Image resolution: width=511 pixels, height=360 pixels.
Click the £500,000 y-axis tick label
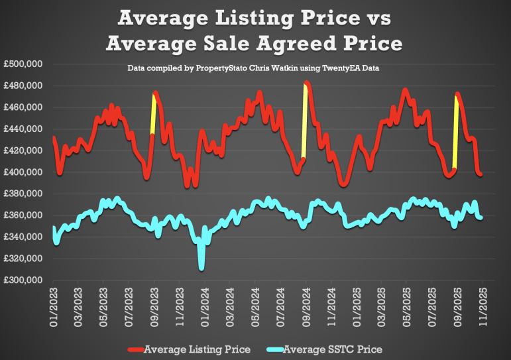coord(24,64)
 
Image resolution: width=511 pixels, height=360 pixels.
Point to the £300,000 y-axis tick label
coord(24,280)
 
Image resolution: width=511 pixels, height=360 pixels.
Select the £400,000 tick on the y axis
coord(24,172)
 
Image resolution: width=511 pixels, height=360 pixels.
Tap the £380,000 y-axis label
coord(24,194)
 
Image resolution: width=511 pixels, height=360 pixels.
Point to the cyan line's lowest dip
coord(201,267)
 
